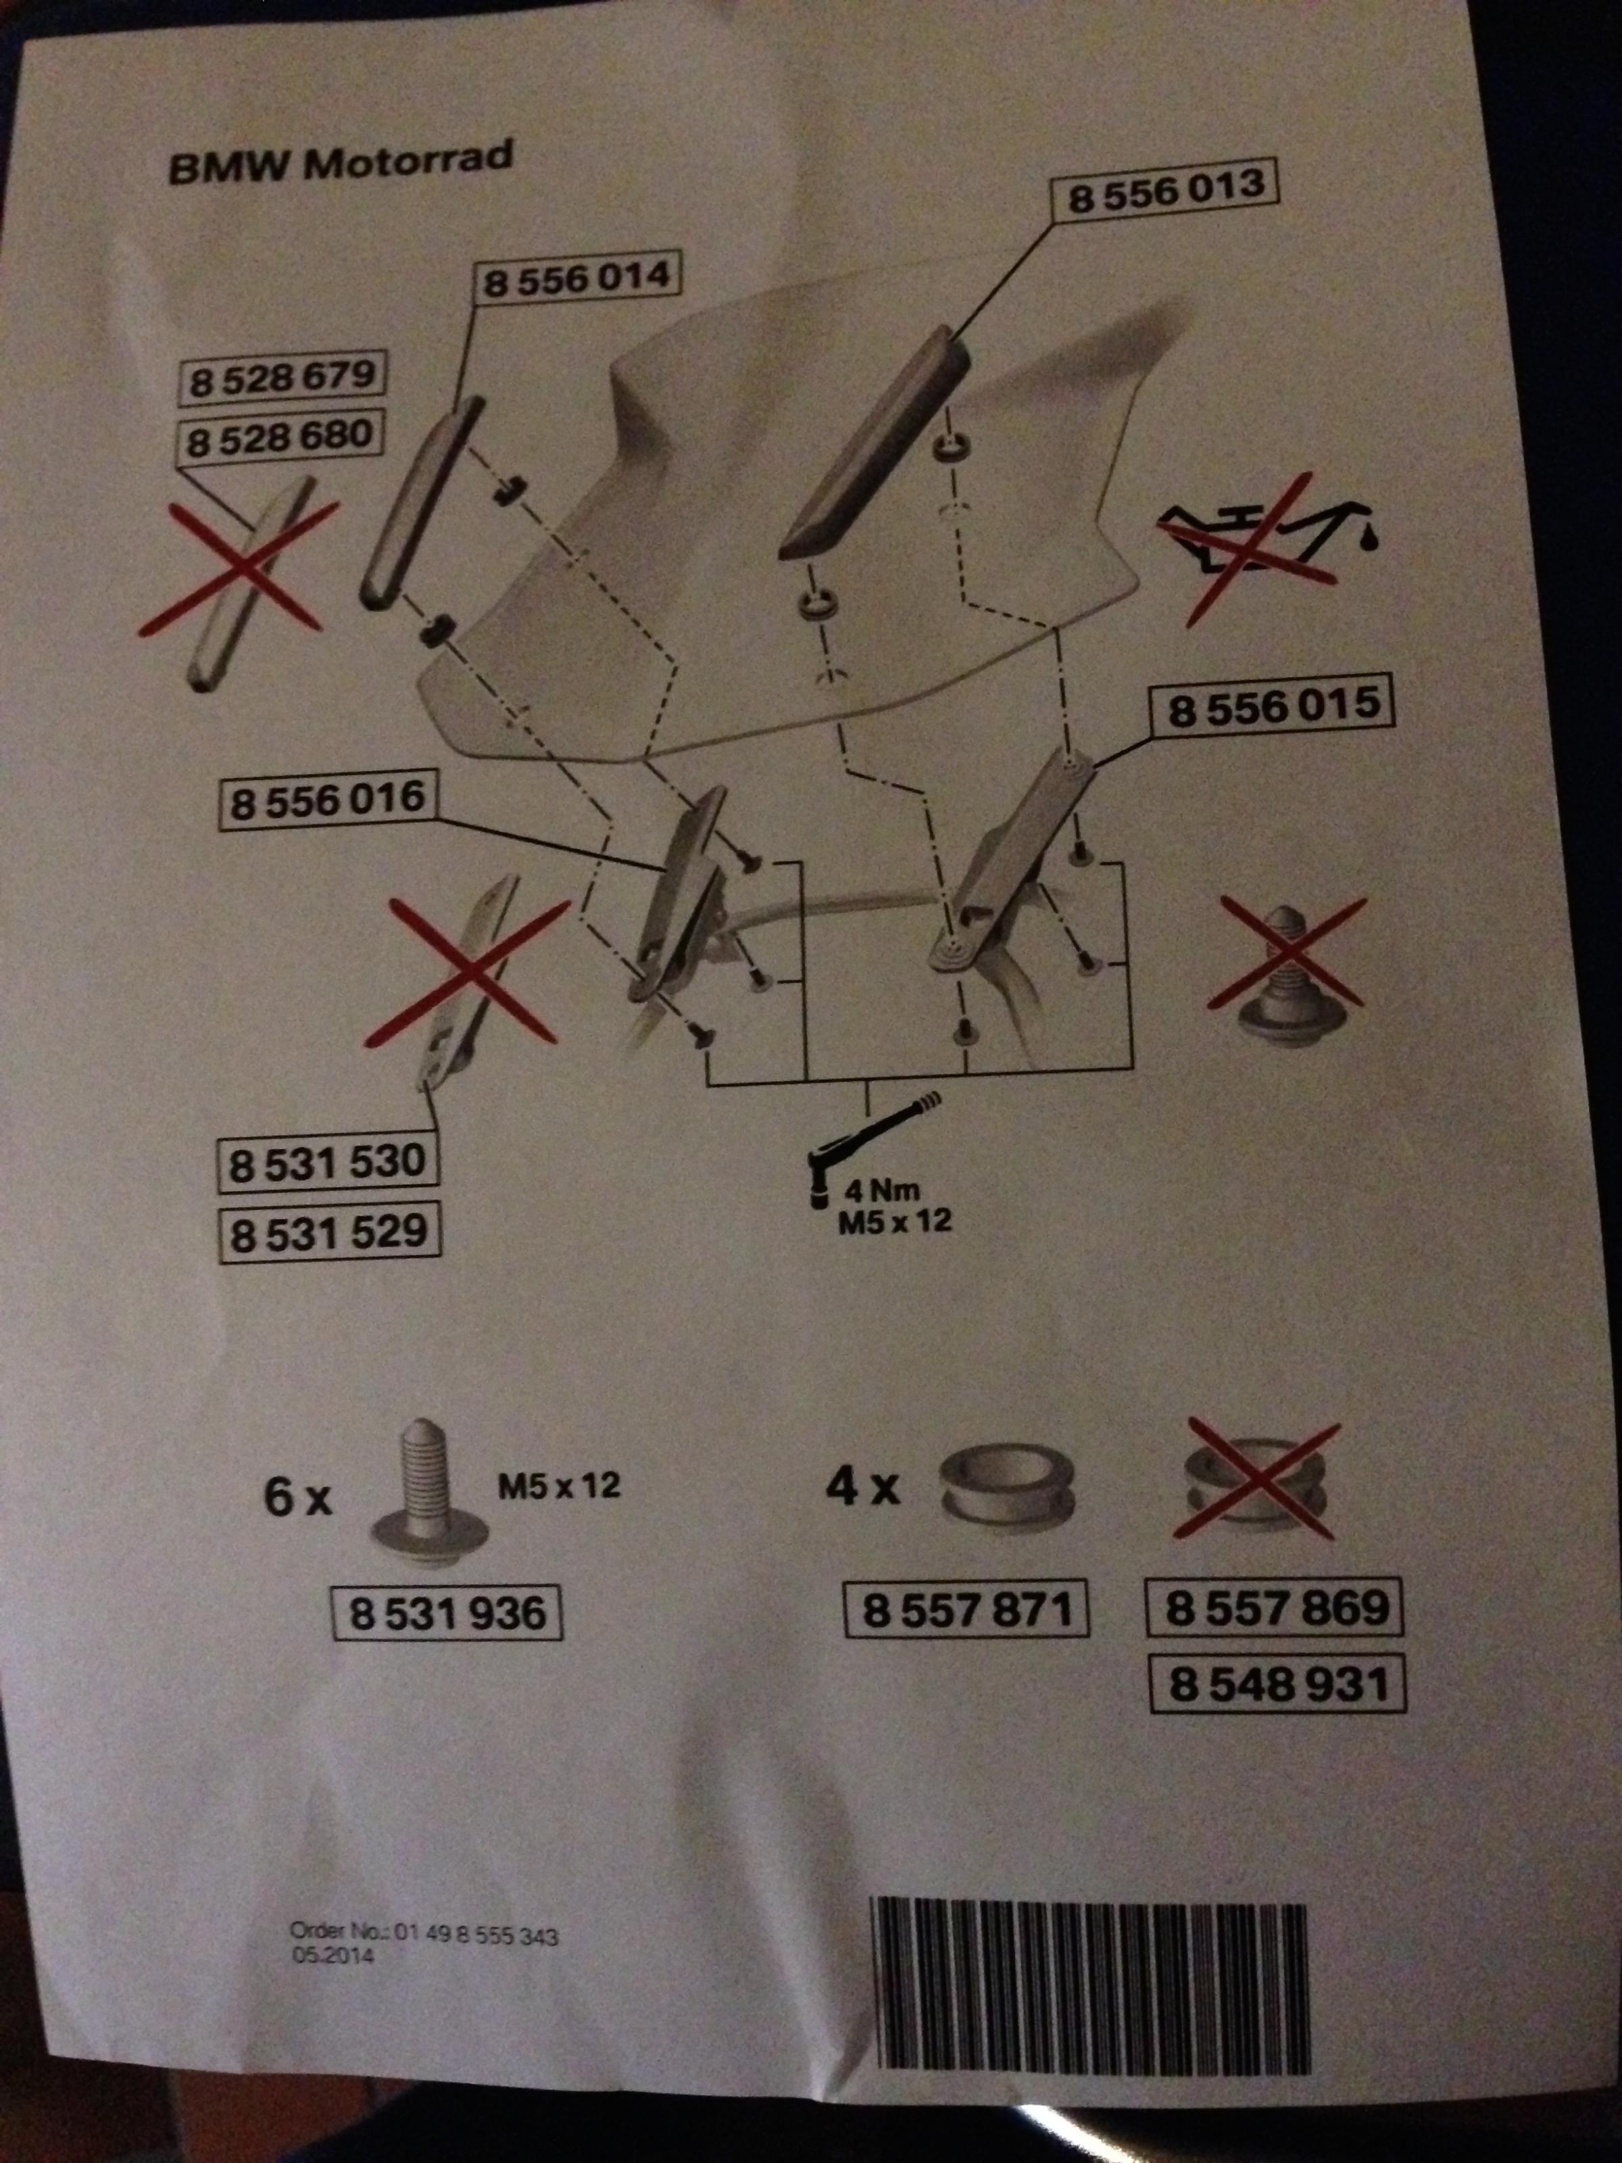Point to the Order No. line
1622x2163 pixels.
(424, 1934)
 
